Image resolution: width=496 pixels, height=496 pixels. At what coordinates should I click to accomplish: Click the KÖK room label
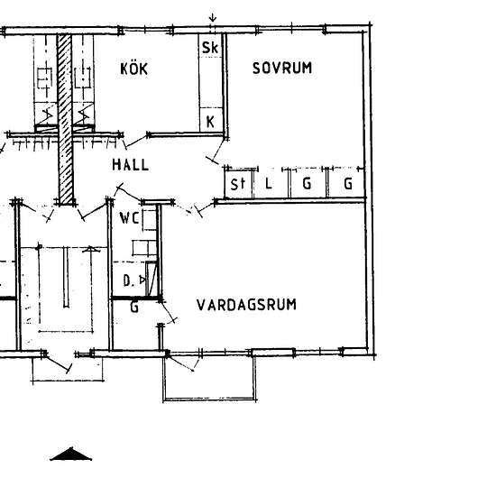point(133,69)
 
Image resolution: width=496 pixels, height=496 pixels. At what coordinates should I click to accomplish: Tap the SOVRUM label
point(282,68)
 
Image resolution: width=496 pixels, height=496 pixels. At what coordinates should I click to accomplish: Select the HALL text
point(131,165)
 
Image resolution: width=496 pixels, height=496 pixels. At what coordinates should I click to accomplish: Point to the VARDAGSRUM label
point(246,305)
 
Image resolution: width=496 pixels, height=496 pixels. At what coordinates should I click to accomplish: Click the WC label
point(129,218)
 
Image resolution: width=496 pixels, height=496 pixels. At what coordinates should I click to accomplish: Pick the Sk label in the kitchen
point(210,48)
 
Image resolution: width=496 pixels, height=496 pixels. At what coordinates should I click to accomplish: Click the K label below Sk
point(210,122)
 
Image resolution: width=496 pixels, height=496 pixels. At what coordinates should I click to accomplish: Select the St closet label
point(238,184)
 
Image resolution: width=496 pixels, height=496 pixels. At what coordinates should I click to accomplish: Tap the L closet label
point(268,183)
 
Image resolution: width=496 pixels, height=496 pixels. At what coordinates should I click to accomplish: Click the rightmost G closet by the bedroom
point(348,183)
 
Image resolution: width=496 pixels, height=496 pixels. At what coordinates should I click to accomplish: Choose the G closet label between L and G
point(307,183)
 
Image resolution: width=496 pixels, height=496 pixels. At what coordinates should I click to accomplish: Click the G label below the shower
point(134,307)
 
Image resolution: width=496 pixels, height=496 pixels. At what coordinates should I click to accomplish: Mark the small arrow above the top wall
point(213,18)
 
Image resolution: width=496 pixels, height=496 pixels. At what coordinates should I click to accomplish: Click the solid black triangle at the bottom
point(71,455)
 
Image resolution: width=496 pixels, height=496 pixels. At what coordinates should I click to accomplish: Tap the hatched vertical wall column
point(65,119)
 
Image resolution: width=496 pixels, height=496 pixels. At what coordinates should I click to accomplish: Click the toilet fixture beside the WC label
point(150,220)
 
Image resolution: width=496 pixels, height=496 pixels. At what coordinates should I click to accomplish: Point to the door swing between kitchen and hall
point(136,142)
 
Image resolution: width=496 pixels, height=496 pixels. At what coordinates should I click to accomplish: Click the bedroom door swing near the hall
point(216,152)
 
